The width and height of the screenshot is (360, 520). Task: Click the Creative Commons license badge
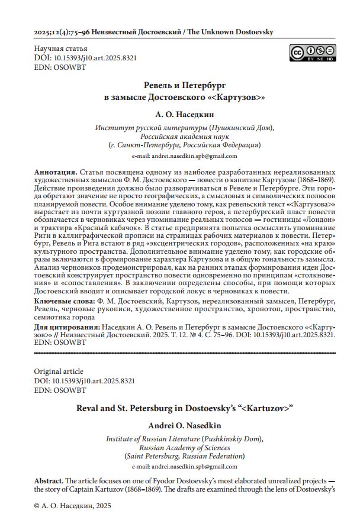(x=313, y=53)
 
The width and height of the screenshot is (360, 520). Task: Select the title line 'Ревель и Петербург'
(x=179, y=85)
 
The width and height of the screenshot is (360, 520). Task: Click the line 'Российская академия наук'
(x=179, y=136)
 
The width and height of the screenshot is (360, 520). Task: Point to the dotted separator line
(x=179, y=353)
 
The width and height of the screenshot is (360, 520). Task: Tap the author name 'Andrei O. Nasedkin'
(x=179, y=426)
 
